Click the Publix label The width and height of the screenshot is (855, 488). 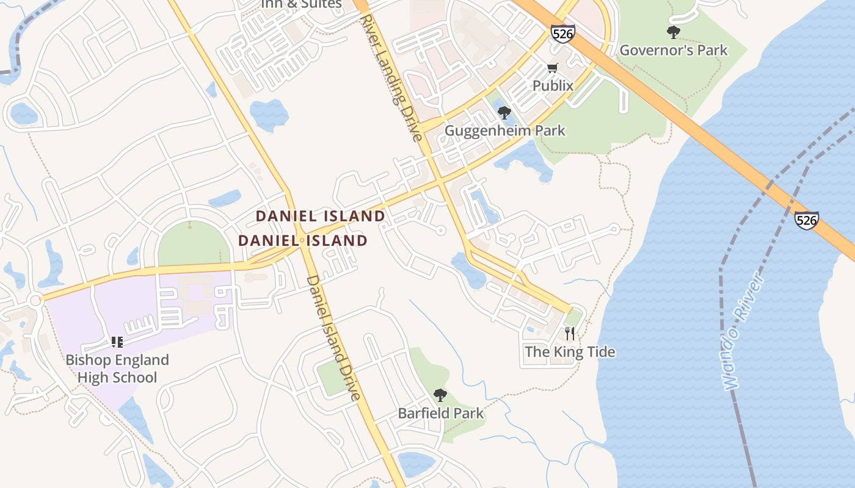click(553, 85)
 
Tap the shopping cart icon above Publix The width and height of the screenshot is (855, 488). click(553, 68)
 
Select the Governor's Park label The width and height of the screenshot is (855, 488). click(674, 50)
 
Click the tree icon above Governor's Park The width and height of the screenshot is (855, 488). click(674, 32)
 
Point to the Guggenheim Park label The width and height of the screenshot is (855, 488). click(504, 131)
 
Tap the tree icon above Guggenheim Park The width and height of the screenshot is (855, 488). click(504, 113)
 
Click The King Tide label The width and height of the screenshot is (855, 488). click(570, 352)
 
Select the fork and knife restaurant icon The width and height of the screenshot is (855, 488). click(570, 334)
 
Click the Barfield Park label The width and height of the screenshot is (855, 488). click(440, 413)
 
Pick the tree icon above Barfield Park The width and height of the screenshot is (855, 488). click(440, 395)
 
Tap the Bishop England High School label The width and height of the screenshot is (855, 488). click(117, 368)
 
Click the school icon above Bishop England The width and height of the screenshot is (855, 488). click(117, 342)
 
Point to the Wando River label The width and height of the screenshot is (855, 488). click(742, 332)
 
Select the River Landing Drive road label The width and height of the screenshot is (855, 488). click(391, 78)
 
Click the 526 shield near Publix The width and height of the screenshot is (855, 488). click(562, 34)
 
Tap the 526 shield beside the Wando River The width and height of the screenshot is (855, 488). click(806, 220)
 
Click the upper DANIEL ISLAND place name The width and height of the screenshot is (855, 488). click(320, 216)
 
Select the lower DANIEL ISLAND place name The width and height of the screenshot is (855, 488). click(303, 240)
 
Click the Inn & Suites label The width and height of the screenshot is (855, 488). click(301, 4)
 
